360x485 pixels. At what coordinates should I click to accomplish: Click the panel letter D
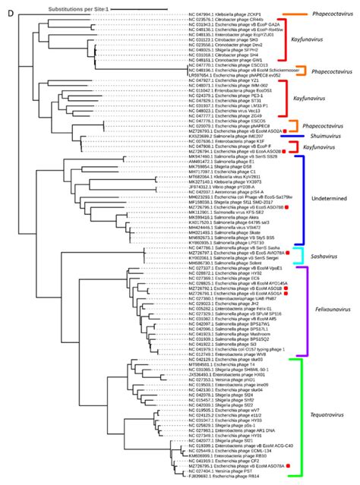(x=5, y=6)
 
